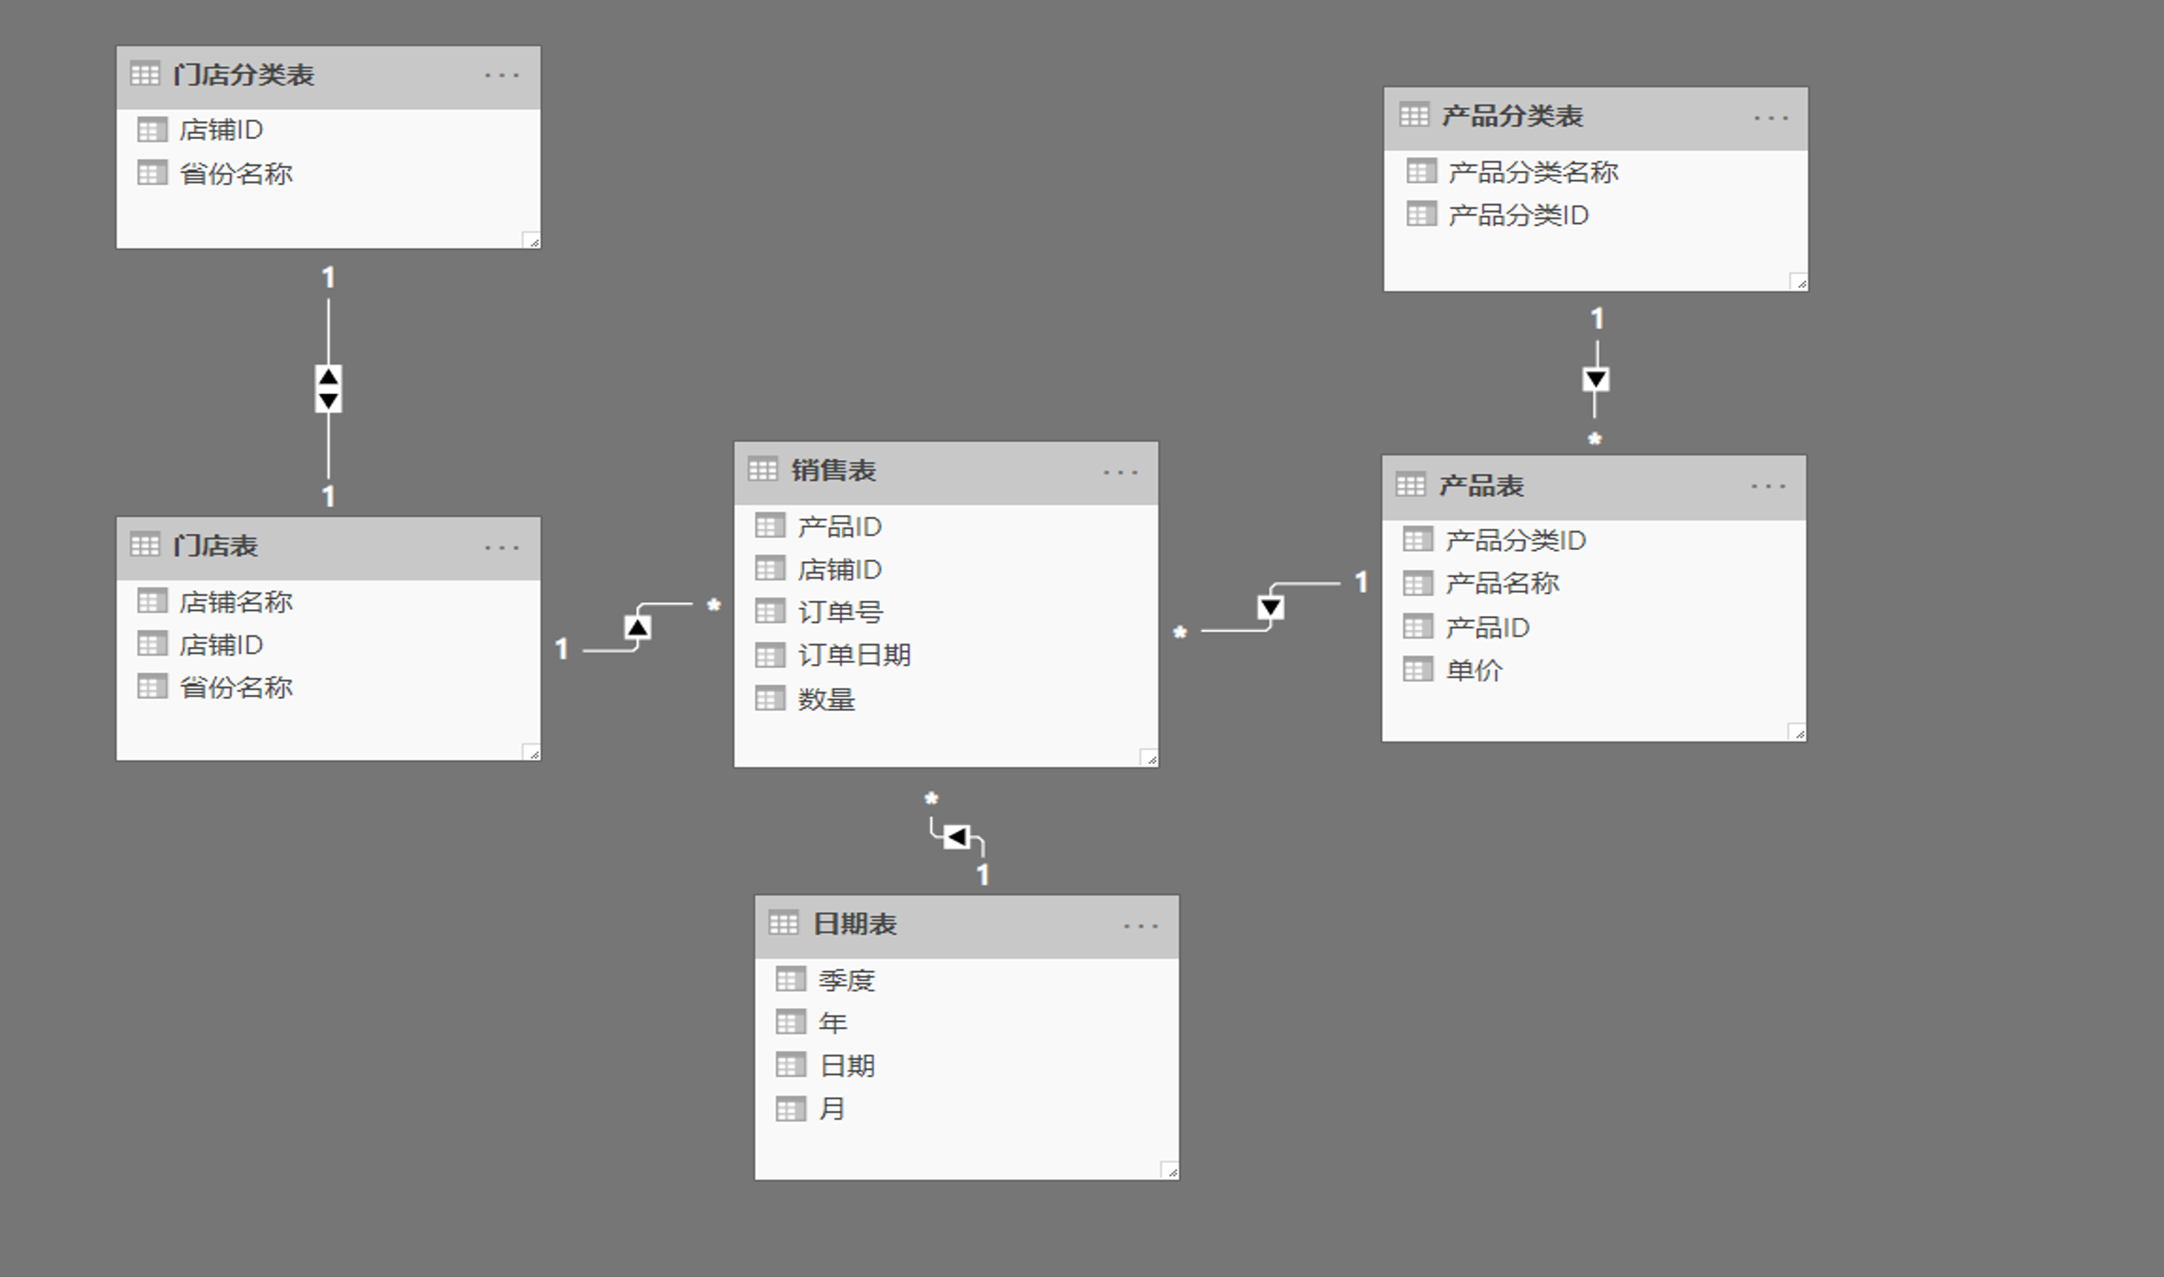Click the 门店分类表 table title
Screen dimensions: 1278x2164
point(243,75)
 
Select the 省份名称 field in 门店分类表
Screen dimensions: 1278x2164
point(235,174)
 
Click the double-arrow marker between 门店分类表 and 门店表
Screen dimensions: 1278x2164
point(328,388)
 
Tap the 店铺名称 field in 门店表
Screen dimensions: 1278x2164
point(235,602)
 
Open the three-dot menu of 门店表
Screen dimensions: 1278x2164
point(502,548)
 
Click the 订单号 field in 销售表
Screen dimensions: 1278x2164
point(839,612)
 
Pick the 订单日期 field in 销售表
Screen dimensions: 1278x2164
point(853,655)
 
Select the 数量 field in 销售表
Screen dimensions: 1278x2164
point(825,699)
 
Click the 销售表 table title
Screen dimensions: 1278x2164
point(833,470)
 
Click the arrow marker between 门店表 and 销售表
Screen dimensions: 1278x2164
point(637,627)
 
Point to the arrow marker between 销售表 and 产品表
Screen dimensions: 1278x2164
point(1270,608)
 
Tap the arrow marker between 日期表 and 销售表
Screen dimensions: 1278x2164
point(956,837)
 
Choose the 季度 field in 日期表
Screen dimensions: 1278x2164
point(846,980)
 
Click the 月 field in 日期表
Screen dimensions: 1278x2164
point(831,1110)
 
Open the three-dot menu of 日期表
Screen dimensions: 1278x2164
point(1141,927)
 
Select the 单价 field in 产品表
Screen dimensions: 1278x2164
point(1473,670)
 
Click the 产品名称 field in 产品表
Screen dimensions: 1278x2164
point(1501,584)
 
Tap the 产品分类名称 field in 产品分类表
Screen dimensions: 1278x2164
point(1533,172)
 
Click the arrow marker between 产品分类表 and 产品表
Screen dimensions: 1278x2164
point(1596,380)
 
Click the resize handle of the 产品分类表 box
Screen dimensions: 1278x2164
point(1799,282)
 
